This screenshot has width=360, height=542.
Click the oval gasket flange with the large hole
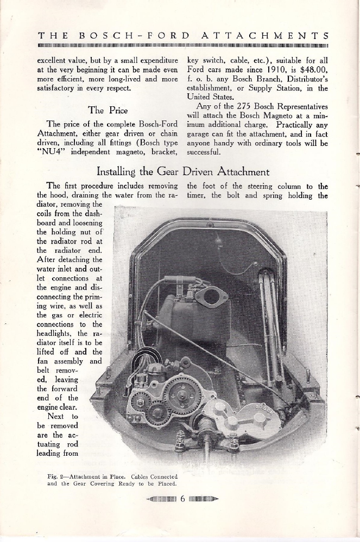pos(208,297)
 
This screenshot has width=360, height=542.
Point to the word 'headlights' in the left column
pos(53,333)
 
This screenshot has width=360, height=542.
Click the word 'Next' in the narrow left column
pos(56,416)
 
